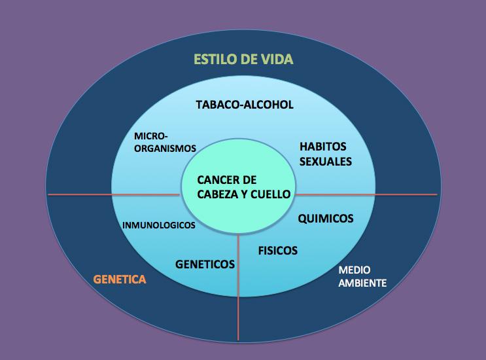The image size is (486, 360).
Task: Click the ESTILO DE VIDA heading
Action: (243, 60)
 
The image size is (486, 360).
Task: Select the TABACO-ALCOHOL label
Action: (245, 105)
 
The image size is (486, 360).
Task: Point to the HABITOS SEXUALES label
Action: (326, 153)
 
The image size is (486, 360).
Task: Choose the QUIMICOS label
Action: (326, 219)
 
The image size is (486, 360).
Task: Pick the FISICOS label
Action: (277, 251)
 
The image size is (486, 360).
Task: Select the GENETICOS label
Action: (205, 264)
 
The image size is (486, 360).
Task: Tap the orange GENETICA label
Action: (120, 279)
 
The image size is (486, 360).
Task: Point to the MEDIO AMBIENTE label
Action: (362, 277)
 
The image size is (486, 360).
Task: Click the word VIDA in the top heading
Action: (277, 60)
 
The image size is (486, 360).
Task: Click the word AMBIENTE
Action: (362, 284)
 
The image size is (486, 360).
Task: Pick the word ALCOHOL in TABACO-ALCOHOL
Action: (270, 105)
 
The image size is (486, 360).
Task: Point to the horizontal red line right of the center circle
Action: (366, 194)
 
